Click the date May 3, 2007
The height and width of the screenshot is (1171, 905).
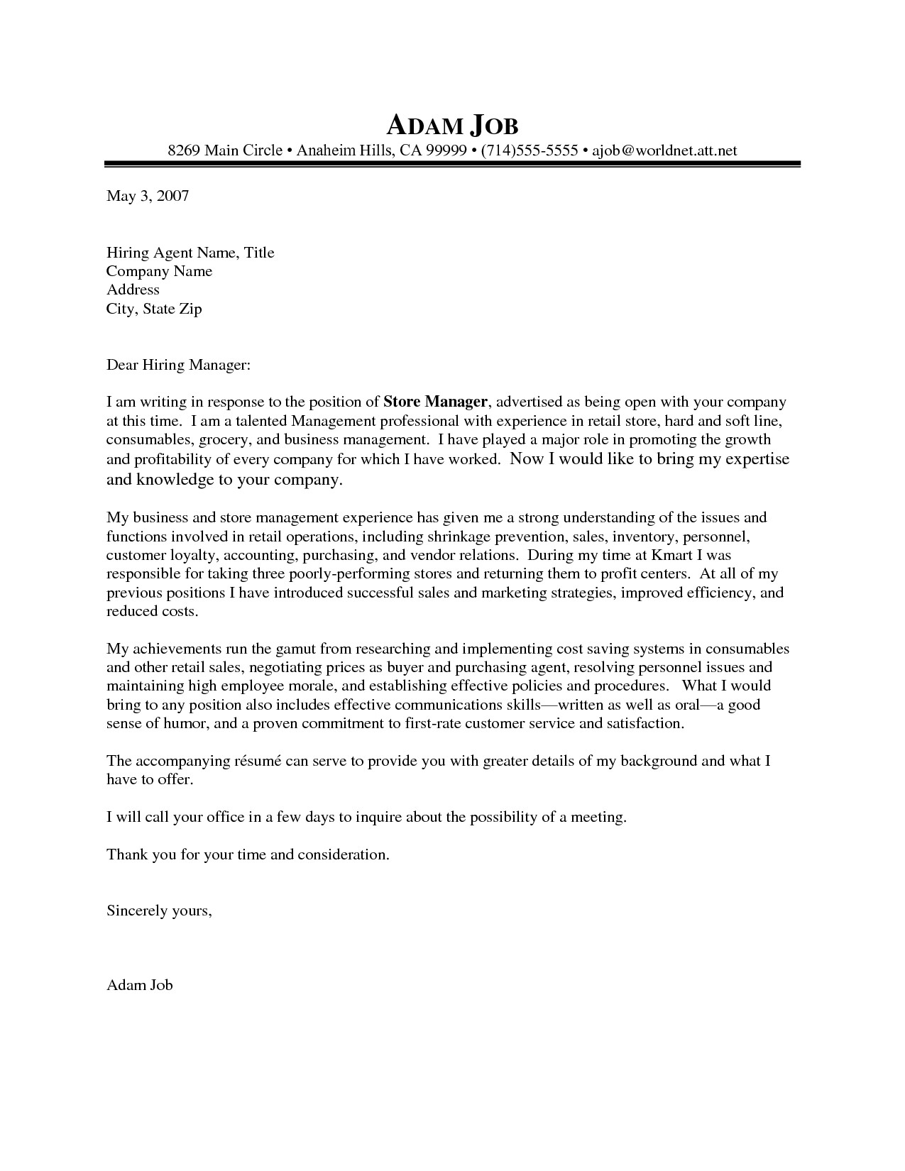coord(148,196)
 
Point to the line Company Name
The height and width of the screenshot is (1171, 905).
coord(159,271)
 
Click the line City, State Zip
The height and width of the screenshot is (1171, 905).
coord(154,309)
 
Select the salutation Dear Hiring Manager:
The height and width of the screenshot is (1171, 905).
coord(178,365)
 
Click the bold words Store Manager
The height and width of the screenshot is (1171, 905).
coord(436,402)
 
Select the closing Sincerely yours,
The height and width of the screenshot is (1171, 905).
coord(159,910)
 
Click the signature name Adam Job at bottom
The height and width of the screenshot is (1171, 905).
coord(139,985)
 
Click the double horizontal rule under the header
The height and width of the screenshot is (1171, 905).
coord(452,165)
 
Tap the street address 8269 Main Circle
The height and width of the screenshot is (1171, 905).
coord(225,150)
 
